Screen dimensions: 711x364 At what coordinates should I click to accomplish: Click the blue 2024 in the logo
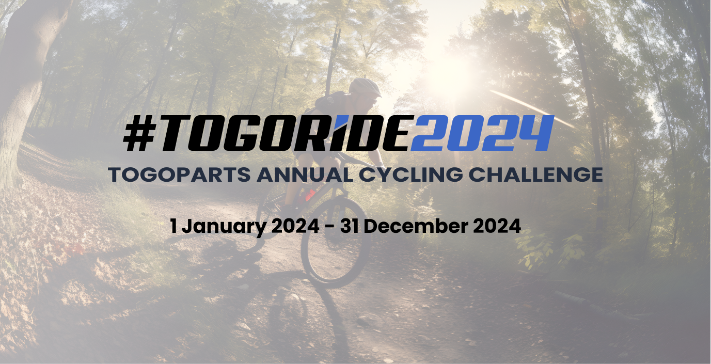[482, 133]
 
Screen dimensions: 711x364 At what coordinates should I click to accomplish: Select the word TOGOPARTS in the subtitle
[179, 175]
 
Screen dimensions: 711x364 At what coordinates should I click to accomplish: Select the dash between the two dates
[330, 227]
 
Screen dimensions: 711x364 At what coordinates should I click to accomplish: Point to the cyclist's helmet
[365, 87]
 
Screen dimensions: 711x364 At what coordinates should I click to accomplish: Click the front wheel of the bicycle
[336, 241]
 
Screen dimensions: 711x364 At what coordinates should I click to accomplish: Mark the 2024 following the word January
[295, 226]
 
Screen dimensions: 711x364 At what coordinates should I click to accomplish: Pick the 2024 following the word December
[497, 226]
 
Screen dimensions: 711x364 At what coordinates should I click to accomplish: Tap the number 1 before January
[173, 226]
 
